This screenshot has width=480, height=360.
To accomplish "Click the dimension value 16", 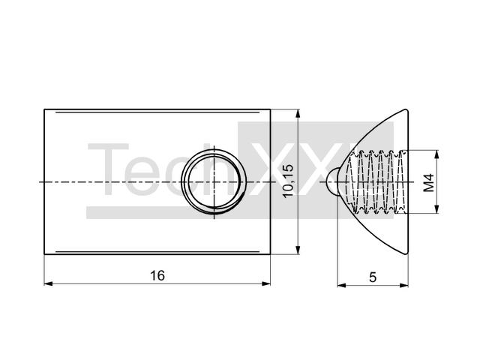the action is click(x=157, y=275).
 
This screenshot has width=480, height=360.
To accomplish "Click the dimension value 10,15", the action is click(x=288, y=181).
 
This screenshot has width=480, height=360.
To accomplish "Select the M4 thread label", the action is click(x=429, y=183).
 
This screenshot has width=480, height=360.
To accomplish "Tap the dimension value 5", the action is click(x=373, y=277).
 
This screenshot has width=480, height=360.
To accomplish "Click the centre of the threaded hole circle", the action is click(x=214, y=181).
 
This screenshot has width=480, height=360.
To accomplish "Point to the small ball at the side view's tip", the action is click(x=331, y=181).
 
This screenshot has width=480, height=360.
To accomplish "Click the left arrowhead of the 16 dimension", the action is click(x=48, y=283).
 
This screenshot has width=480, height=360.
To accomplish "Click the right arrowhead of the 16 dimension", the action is click(x=266, y=283).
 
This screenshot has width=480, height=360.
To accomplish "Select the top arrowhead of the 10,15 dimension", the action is click(x=298, y=113).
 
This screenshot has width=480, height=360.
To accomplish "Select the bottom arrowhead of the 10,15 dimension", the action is click(x=298, y=250).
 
